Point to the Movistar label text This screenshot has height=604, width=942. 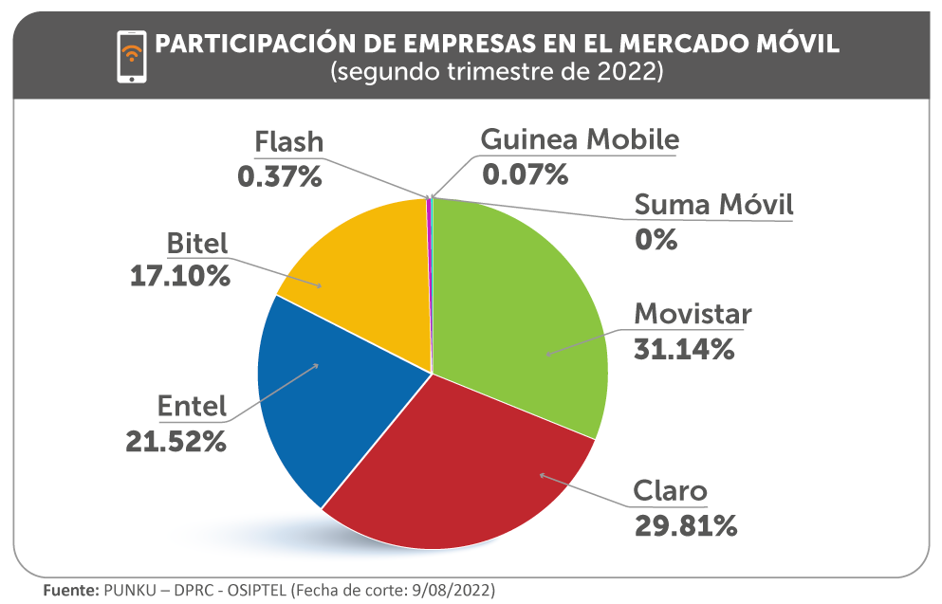tap(693, 314)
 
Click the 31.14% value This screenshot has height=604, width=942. tap(683, 349)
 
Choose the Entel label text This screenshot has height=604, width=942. tap(192, 407)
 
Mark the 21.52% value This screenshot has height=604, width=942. tap(175, 441)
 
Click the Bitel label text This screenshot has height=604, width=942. tap(197, 243)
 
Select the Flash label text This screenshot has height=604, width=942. tap(289, 142)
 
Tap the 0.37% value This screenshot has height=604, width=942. tap(280, 176)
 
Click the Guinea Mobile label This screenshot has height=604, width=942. tap(580, 139)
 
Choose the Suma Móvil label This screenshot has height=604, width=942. tap(713, 204)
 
